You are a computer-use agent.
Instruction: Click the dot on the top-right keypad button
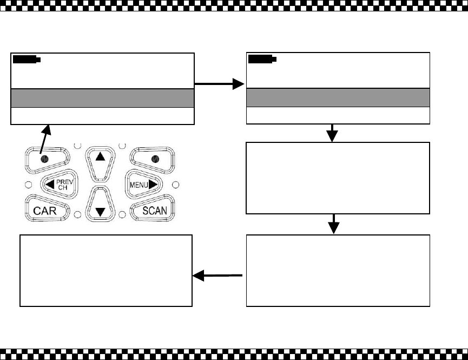(x=155, y=159)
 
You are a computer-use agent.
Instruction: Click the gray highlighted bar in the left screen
(x=102, y=98)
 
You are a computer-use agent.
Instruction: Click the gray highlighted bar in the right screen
(x=338, y=98)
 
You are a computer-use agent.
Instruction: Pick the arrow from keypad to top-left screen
(x=45, y=140)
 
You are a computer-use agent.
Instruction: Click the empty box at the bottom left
(x=106, y=270)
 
